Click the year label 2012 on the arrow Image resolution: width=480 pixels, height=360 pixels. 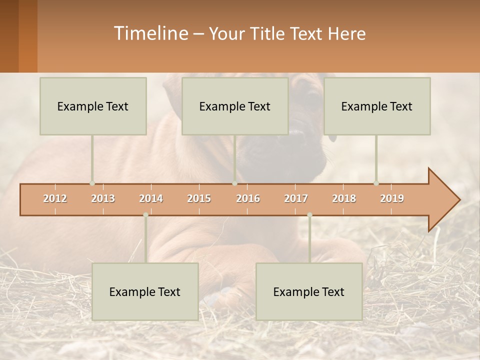(x=55, y=198)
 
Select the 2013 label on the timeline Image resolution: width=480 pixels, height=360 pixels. (x=103, y=198)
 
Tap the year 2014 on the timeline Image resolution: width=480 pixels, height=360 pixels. (x=151, y=198)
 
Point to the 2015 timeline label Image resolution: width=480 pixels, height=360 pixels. (x=199, y=198)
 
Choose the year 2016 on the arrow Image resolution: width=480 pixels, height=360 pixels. (x=248, y=198)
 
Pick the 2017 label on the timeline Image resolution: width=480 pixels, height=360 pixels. (x=296, y=198)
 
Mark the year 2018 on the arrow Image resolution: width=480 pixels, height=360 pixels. (x=344, y=198)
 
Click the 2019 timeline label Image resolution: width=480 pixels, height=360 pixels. (x=392, y=198)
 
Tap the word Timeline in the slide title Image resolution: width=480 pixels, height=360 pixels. (x=149, y=33)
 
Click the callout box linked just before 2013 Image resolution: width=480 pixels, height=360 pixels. (x=93, y=106)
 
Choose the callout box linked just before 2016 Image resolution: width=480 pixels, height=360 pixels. (x=235, y=106)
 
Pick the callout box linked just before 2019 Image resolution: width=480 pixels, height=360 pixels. (x=377, y=106)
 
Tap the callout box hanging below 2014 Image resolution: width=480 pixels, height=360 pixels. (x=145, y=291)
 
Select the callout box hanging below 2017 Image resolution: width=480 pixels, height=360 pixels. (x=309, y=291)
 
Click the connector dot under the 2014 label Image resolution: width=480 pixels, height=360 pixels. (x=145, y=215)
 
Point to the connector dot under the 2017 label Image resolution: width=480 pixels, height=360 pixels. (x=309, y=215)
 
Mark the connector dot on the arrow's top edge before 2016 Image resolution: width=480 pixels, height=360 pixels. (x=234, y=183)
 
